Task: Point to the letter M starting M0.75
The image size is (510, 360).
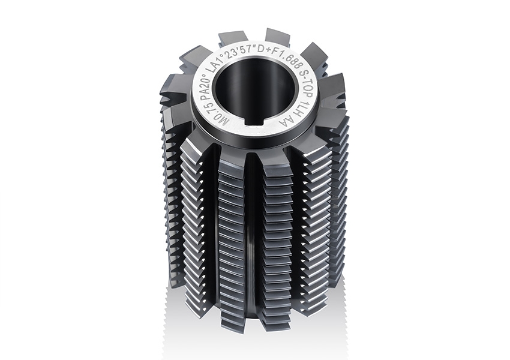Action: click(x=212, y=121)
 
